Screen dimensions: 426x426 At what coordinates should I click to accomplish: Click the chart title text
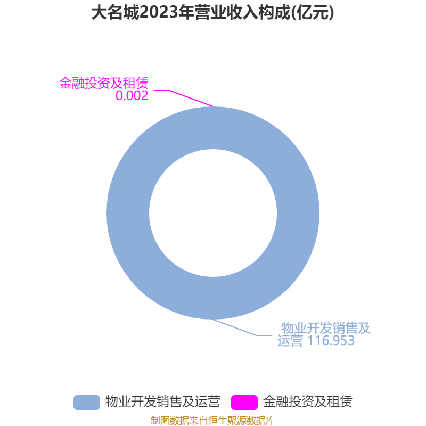212,13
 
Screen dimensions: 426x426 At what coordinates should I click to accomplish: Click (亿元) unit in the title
313,13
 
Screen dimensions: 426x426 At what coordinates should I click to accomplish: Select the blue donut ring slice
128,213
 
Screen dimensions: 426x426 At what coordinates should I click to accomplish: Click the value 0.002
132,96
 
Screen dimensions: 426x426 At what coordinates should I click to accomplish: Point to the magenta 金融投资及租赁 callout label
103,83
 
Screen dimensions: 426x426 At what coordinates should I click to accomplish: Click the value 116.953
331,341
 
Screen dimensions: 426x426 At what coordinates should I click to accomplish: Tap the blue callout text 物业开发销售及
325,328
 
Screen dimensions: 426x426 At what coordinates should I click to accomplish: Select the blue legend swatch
87,403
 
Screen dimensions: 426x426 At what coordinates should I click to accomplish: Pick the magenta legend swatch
244,403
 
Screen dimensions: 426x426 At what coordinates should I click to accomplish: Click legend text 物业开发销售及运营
163,402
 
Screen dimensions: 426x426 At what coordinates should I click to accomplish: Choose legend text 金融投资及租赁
308,402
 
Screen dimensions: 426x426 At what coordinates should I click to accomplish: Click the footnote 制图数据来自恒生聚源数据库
213,420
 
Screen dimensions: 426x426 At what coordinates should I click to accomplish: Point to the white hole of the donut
213,213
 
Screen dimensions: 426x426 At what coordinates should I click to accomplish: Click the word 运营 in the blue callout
290,341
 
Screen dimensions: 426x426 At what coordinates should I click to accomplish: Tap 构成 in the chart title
274,13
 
